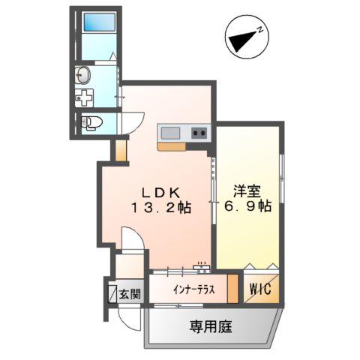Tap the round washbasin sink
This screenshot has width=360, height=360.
point(82,75)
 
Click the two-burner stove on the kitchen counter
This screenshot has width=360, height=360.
point(199,133)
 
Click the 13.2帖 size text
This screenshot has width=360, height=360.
point(159,208)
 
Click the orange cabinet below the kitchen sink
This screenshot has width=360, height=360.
point(171,147)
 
